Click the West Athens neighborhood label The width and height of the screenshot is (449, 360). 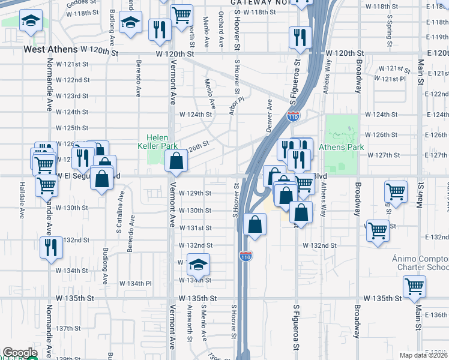click(x=50, y=50)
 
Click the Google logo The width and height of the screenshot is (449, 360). click(x=20, y=353)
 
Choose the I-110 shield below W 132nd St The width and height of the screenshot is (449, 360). click(x=246, y=256)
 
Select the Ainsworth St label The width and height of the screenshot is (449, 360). click(x=188, y=326)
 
